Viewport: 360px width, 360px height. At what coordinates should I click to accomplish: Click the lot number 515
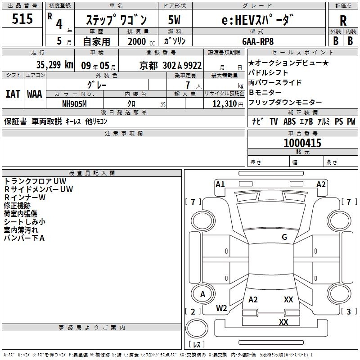(x=23, y=19)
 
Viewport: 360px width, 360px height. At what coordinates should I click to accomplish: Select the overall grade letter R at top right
(x=343, y=21)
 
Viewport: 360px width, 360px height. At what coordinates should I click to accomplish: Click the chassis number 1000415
(x=302, y=144)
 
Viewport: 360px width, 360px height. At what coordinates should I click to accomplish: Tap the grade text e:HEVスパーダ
(x=258, y=20)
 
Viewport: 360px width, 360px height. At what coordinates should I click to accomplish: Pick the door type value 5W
(x=174, y=20)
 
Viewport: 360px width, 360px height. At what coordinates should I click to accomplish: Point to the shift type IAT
(x=13, y=94)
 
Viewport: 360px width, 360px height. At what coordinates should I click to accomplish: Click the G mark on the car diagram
(x=284, y=237)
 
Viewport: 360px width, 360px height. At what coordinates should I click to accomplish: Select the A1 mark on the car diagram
(x=220, y=184)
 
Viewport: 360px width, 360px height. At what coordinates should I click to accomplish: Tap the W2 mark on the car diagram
(x=221, y=308)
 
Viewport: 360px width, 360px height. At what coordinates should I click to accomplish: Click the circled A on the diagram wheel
(x=202, y=294)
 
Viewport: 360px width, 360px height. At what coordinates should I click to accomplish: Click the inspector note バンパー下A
(x=24, y=238)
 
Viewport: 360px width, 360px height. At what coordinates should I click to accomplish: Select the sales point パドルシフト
(x=268, y=72)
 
